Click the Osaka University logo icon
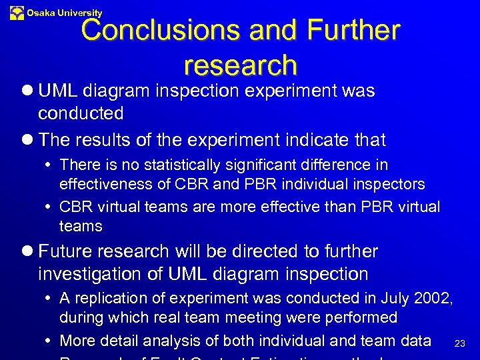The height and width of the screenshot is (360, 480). (x=17, y=12)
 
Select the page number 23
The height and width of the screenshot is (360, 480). (x=459, y=343)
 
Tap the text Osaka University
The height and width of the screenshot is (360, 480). (x=65, y=13)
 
